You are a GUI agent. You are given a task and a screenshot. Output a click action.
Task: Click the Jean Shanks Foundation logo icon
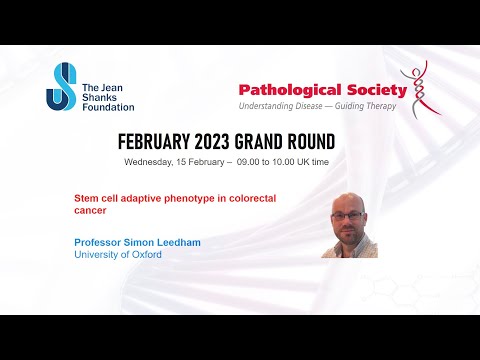point(59,86)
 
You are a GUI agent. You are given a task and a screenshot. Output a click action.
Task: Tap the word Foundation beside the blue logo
point(106,105)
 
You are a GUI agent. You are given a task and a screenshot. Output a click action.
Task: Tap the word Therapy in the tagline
point(384,106)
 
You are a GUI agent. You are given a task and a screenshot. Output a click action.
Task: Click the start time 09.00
point(250,162)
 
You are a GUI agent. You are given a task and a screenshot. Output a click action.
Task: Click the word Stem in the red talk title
point(87,198)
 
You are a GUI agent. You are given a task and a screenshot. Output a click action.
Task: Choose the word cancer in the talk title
point(90,211)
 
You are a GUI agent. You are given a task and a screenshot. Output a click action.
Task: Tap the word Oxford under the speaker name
point(145,254)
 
